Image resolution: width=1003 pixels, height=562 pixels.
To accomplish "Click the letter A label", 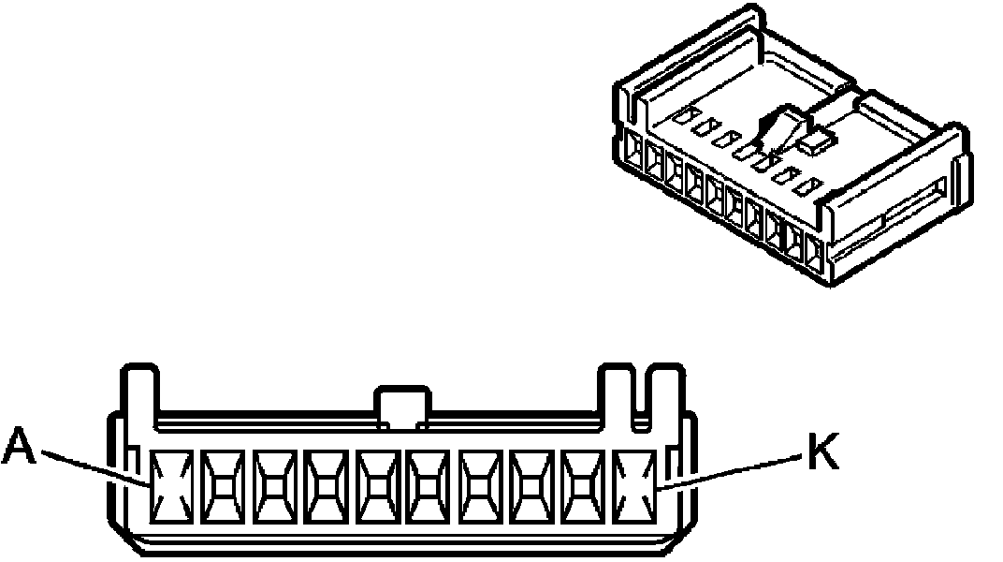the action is [20, 446].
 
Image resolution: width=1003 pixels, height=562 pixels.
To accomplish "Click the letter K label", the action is [821, 455].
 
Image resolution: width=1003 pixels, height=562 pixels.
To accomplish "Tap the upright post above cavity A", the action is [138, 393].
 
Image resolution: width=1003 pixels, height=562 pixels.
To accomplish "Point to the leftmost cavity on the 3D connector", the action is [633, 154].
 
